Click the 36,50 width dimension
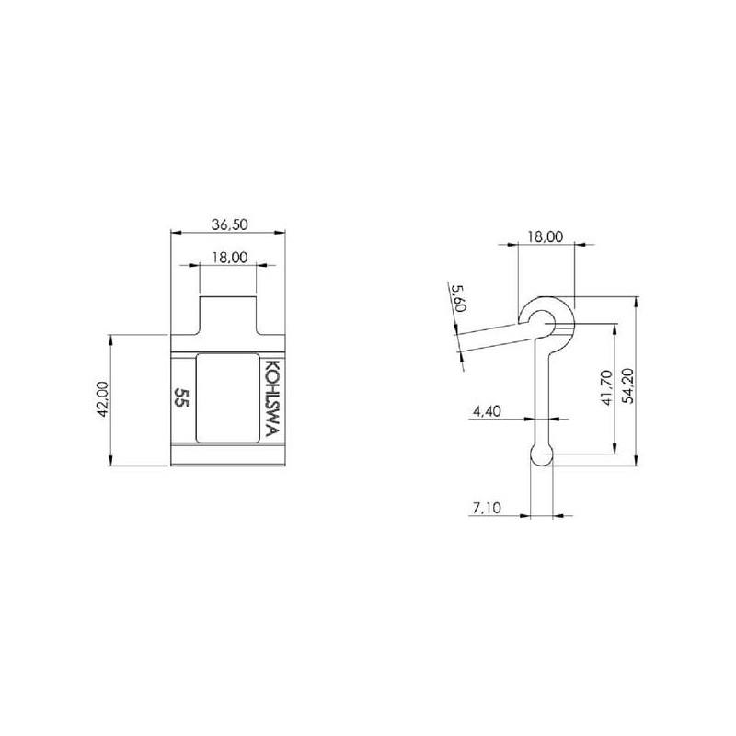pos(229,224)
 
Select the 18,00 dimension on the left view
pos(229,258)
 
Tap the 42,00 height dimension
pos(103,399)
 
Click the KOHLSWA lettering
pos(272,398)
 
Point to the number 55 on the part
pos(181,397)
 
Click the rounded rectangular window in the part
pos(227,398)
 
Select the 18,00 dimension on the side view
pos(545,236)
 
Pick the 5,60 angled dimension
pos(457,298)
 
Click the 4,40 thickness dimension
pos(487,411)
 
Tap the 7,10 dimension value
pos(487,508)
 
